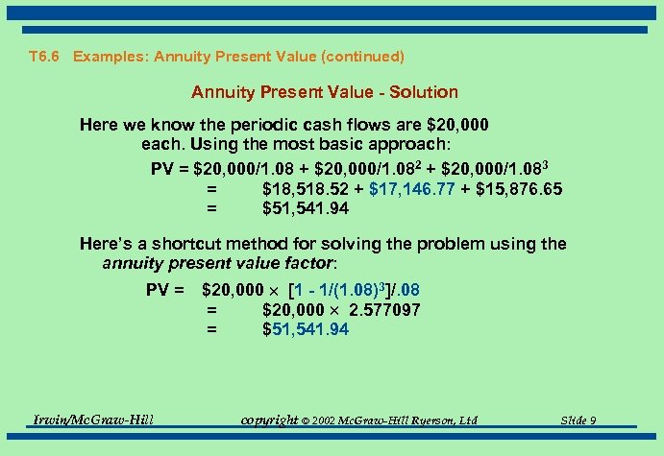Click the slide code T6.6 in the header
(x=46, y=57)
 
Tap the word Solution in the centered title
(x=422, y=92)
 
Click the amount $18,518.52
(x=304, y=189)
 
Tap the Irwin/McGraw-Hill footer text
(x=93, y=420)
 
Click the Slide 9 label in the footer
(x=578, y=420)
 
